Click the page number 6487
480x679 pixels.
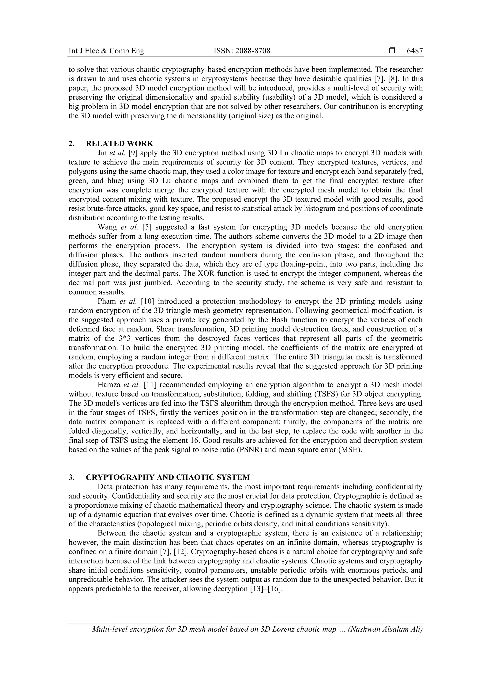click(415, 51)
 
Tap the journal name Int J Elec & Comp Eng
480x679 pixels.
click(106, 51)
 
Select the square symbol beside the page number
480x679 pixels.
click(392, 51)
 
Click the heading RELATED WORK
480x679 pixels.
click(120, 143)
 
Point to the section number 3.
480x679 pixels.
click(71, 477)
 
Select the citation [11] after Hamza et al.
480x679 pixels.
click(149, 385)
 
